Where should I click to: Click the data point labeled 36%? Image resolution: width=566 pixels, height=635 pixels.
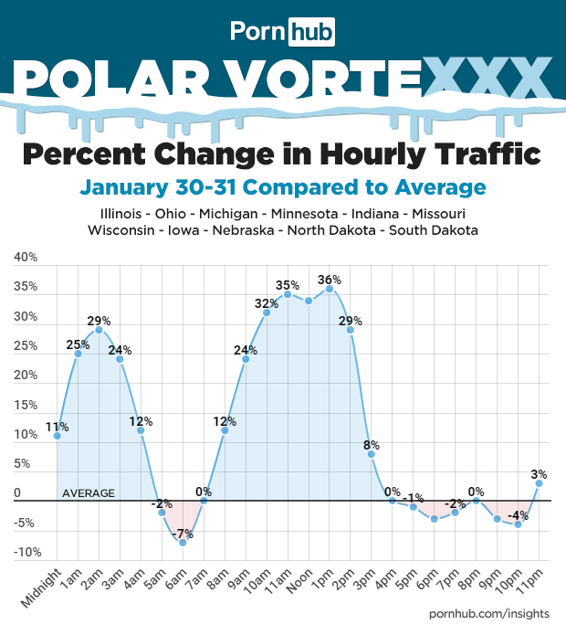click(x=330, y=289)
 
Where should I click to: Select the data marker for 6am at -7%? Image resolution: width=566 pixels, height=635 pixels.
click(x=183, y=543)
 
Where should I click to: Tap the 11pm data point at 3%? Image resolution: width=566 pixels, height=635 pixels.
click(x=540, y=483)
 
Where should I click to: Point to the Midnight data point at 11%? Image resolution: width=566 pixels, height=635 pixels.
click(x=58, y=436)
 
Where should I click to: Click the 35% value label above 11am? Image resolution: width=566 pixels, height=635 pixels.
click(x=288, y=284)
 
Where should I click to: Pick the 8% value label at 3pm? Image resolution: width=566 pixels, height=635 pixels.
click(x=372, y=445)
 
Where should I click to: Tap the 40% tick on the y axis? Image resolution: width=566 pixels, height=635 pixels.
click(x=26, y=258)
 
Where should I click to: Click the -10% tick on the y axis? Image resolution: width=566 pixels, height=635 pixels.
click(x=25, y=552)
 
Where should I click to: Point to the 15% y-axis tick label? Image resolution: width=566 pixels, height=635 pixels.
click(x=26, y=405)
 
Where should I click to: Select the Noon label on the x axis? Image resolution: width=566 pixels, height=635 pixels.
click(x=303, y=582)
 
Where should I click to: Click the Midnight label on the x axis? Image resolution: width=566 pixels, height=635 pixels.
click(x=42, y=589)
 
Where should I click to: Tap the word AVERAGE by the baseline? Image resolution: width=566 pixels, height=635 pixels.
click(x=89, y=493)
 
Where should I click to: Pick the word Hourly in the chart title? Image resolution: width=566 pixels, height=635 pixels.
click(x=364, y=152)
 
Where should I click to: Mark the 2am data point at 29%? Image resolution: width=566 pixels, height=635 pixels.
click(x=100, y=330)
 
